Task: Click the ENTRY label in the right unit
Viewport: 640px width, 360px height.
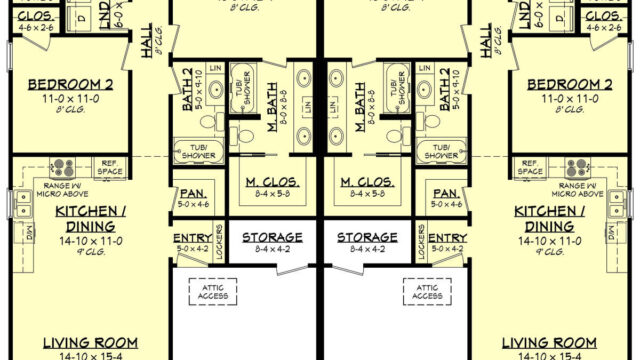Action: coord(448,237)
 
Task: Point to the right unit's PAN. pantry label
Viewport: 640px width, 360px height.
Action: coord(448,192)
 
